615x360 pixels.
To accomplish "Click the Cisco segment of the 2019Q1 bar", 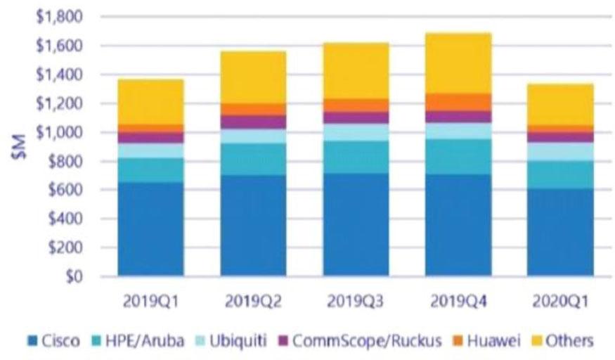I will (x=151, y=229).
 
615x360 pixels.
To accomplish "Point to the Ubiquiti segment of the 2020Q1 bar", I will (x=560, y=151).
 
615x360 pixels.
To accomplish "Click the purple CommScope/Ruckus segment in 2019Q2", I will (x=253, y=122).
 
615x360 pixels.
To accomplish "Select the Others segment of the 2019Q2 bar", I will (x=253, y=77).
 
